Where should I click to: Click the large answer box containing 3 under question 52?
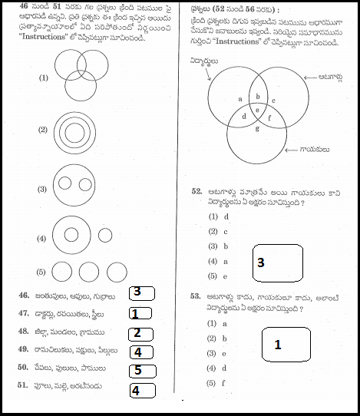(x=276, y=262)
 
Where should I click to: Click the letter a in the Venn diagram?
(x=240, y=99)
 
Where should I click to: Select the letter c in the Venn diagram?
(x=274, y=100)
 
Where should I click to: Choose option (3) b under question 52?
(x=219, y=246)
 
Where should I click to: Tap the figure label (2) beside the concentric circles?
(x=44, y=128)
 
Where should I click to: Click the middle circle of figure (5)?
(x=90, y=272)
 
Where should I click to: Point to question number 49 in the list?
(x=25, y=351)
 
